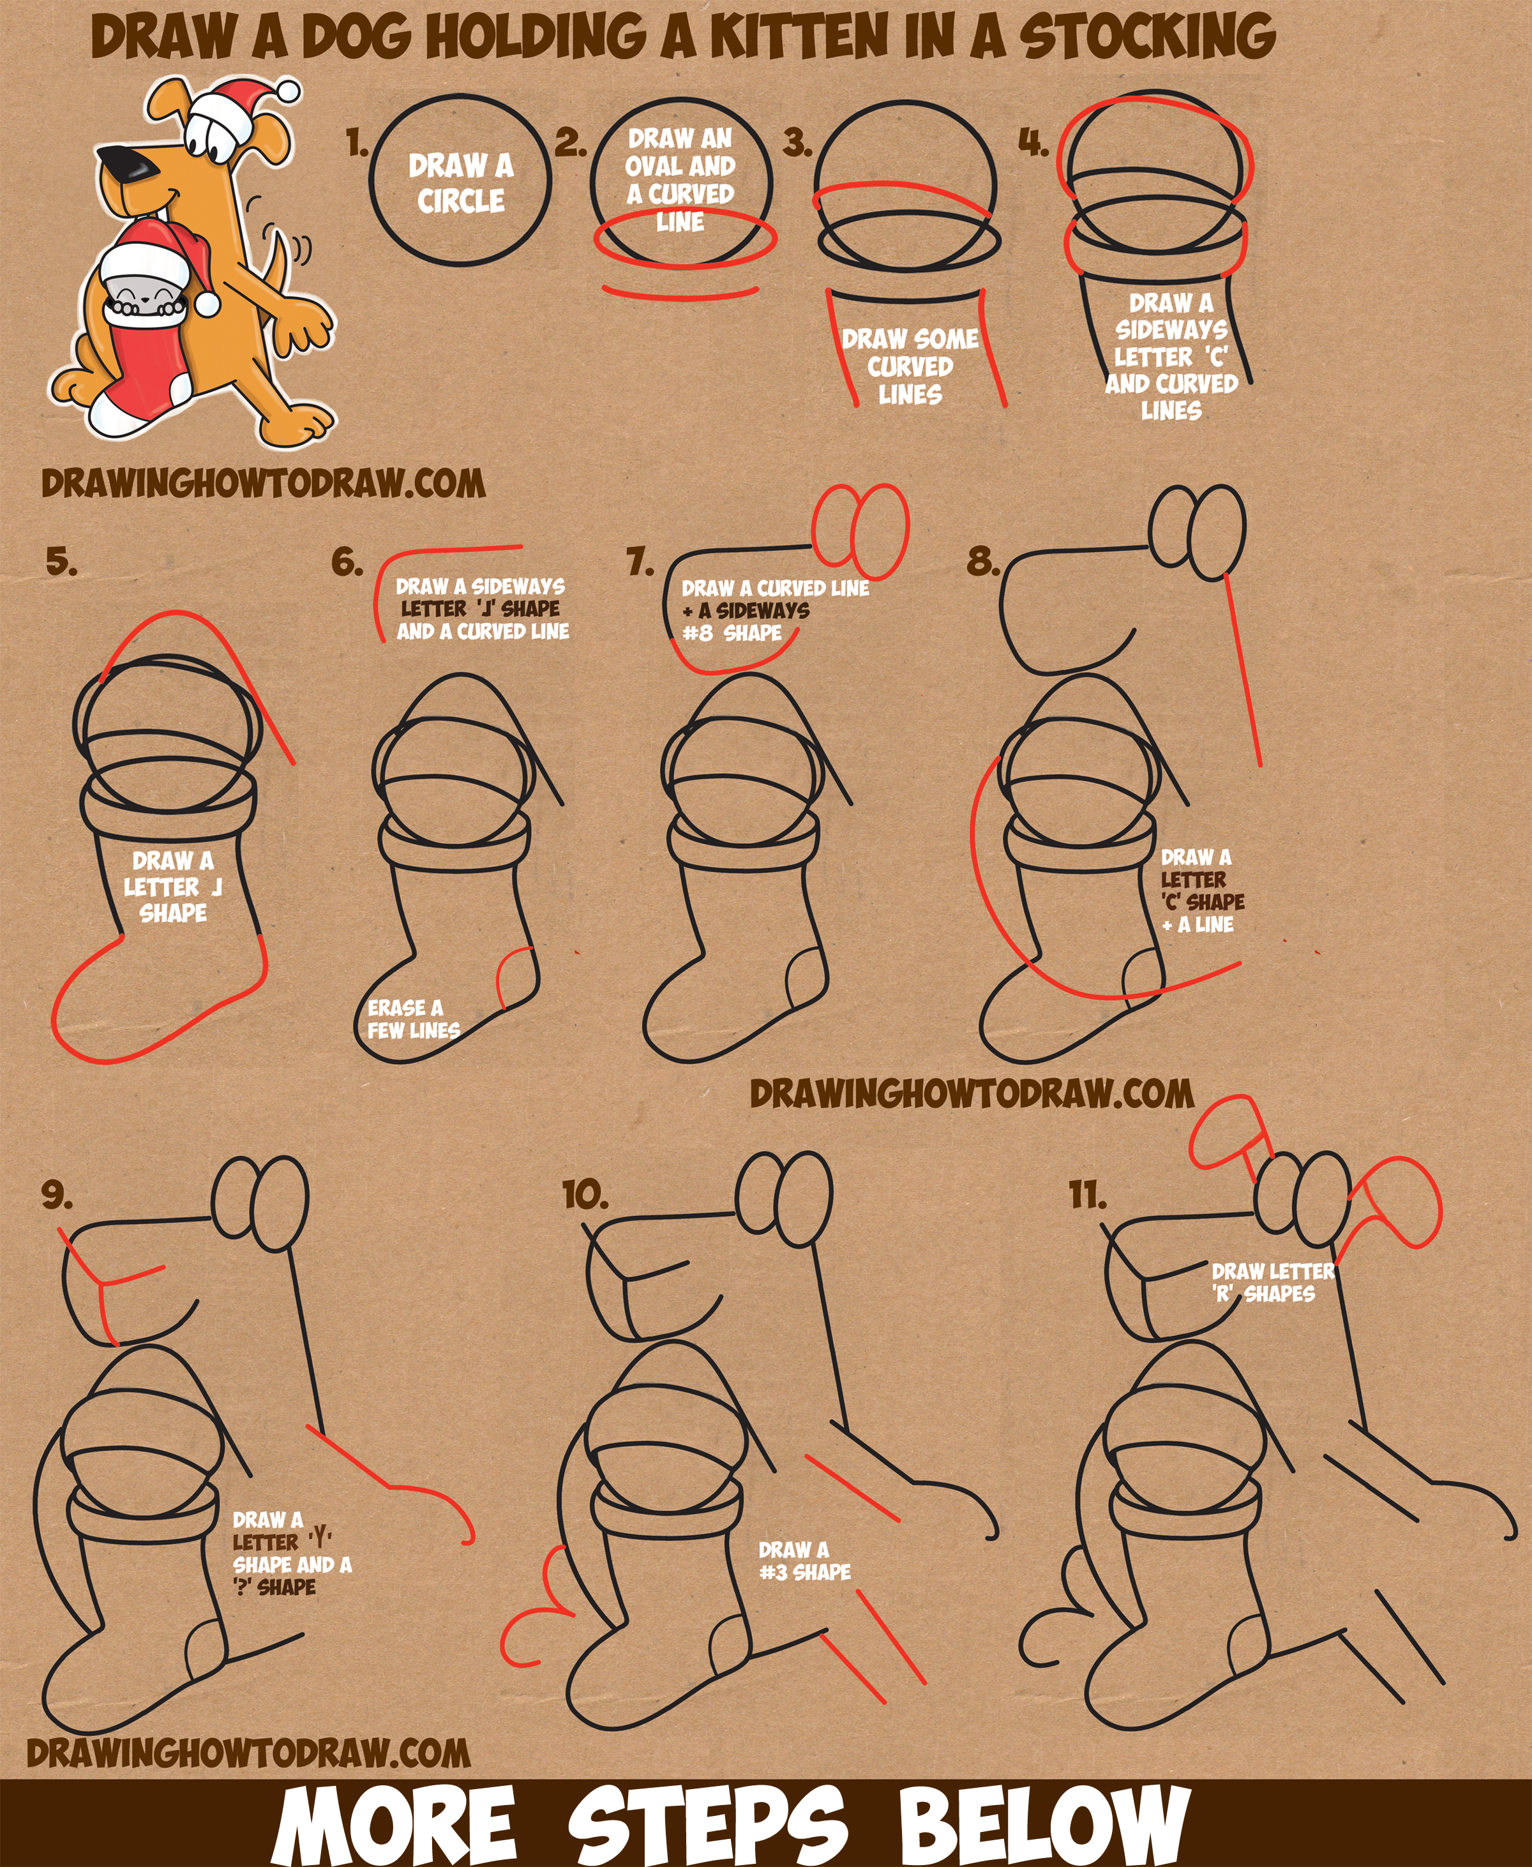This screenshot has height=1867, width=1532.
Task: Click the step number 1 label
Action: click(357, 142)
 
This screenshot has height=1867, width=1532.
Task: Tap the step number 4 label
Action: click(1033, 142)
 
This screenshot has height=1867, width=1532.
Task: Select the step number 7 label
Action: click(640, 561)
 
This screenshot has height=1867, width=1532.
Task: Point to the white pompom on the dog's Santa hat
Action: click(288, 91)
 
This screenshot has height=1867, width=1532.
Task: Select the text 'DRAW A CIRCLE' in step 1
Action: click(461, 183)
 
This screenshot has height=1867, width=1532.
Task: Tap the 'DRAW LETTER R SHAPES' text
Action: click(1273, 1282)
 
